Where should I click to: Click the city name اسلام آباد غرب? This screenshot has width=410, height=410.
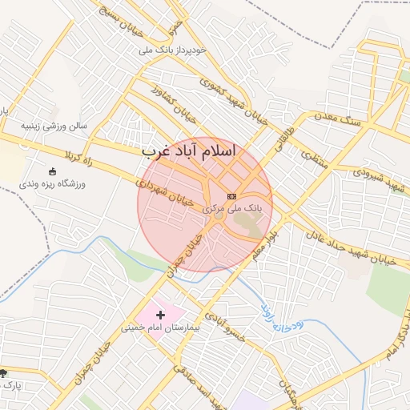pyautogui.click(x=189, y=151)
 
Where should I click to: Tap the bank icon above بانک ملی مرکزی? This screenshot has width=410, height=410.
pyautogui.click(x=231, y=196)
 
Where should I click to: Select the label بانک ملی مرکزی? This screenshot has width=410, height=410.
pyautogui.click(x=237, y=207)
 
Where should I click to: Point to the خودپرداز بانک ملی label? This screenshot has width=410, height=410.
pyautogui.click(x=173, y=50)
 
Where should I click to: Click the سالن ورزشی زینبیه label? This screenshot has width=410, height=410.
pyautogui.click(x=54, y=127)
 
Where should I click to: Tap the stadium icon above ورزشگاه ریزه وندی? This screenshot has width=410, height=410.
pyautogui.click(x=53, y=171)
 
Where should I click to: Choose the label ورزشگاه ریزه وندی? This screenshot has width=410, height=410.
pyautogui.click(x=53, y=183)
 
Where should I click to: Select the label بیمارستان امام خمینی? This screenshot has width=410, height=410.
pyautogui.click(x=159, y=327)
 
